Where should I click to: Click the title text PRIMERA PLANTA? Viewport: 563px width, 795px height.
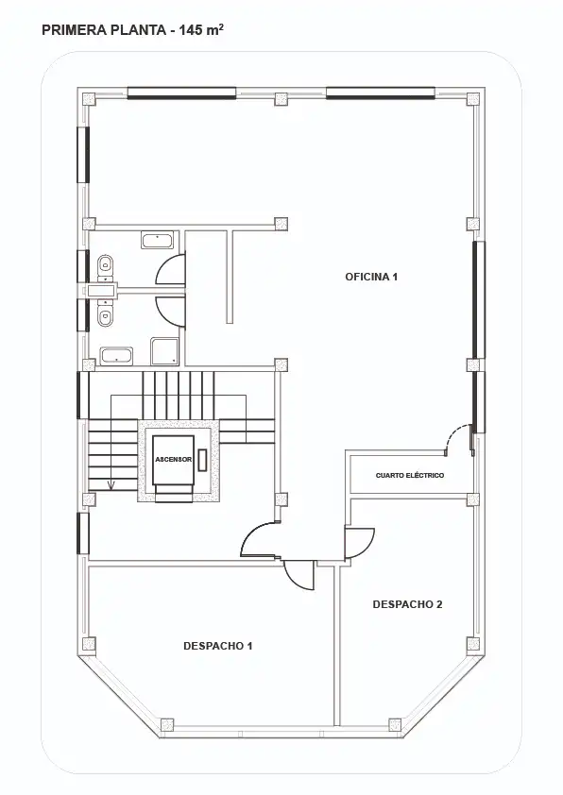click(x=104, y=30)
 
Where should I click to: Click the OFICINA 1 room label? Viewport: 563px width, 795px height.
click(x=371, y=277)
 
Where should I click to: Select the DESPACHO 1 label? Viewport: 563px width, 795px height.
click(x=217, y=646)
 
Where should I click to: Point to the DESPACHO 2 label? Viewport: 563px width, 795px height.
click(x=407, y=604)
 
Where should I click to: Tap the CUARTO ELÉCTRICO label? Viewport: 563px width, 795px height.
click(x=410, y=476)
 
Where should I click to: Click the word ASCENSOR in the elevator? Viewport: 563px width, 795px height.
click(x=174, y=460)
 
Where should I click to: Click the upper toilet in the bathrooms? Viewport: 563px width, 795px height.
click(x=105, y=264)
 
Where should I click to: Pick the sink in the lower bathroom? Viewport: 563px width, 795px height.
click(x=116, y=355)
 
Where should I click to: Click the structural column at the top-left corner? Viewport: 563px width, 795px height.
click(x=90, y=99)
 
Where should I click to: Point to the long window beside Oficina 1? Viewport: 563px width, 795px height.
click(x=479, y=300)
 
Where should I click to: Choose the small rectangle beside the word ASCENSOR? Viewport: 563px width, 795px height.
click(x=203, y=460)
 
